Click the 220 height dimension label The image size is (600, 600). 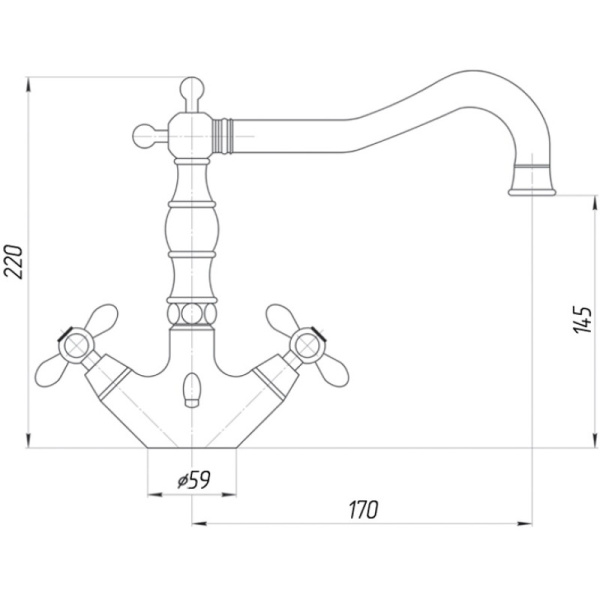[x=14, y=262]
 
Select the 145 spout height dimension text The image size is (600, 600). [x=582, y=320]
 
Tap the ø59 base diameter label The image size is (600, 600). [x=194, y=480]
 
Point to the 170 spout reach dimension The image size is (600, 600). [x=363, y=509]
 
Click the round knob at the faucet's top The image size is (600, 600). [x=192, y=89]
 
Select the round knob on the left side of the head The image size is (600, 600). [x=145, y=136]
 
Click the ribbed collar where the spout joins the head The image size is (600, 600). [x=223, y=136]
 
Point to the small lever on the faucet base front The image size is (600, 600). [x=191, y=390]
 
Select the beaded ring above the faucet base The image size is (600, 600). [x=192, y=315]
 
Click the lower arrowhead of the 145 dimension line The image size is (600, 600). [x=594, y=440]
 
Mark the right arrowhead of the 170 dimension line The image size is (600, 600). [x=525, y=523]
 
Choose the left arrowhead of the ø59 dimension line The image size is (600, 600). [x=155, y=495]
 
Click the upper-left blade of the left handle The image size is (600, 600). [x=101, y=317]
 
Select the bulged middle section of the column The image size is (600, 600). [x=192, y=230]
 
